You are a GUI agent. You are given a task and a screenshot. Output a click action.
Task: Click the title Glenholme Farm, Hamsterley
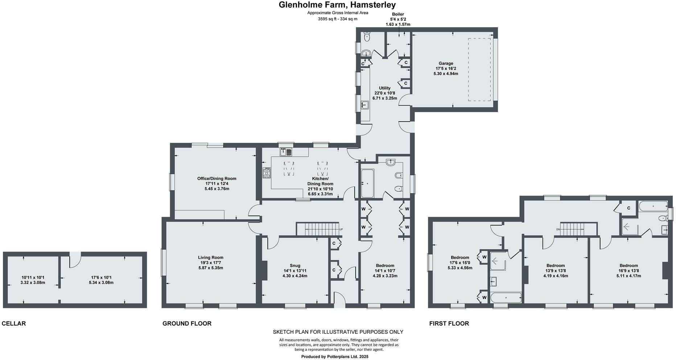pyautogui.click(x=337, y=5)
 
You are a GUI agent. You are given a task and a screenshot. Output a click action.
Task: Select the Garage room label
pyautogui.click(x=446, y=64)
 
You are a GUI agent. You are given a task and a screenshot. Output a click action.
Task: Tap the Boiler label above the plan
pyautogui.click(x=398, y=14)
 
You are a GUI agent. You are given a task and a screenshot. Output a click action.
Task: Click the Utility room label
pyautogui.click(x=385, y=88)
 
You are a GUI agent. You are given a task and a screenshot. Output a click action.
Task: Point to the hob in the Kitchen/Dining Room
pyautogui.click(x=267, y=173)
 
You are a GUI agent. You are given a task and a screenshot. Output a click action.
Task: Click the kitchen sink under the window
pyautogui.click(x=285, y=151)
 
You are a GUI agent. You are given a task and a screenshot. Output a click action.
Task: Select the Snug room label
pyautogui.click(x=295, y=266)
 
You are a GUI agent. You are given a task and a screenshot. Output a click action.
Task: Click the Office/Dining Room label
pyautogui.click(x=217, y=179)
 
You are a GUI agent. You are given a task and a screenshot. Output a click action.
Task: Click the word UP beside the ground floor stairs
pyautogui.click(x=341, y=229)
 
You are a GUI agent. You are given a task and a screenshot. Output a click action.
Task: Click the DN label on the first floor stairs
pyautogui.click(x=558, y=229)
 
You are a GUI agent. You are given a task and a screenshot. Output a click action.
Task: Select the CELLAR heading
pyautogui.click(x=14, y=323)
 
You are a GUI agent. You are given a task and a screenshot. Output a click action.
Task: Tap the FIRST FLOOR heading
pyautogui.click(x=449, y=323)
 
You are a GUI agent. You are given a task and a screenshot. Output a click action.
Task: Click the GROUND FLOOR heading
pyautogui.click(x=187, y=323)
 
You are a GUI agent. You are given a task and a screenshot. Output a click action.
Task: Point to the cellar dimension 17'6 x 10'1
pyautogui.click(x=101, y=277)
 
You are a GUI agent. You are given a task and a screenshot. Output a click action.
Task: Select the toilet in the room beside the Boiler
pyautogui.click(x=367, y=36)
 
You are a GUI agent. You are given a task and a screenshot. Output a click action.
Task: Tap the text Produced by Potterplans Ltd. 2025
pyautogui.click(x=335, y=357)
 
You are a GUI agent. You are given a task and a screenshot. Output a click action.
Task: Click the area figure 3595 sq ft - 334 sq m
pyautogui.click(x=338, y=19)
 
